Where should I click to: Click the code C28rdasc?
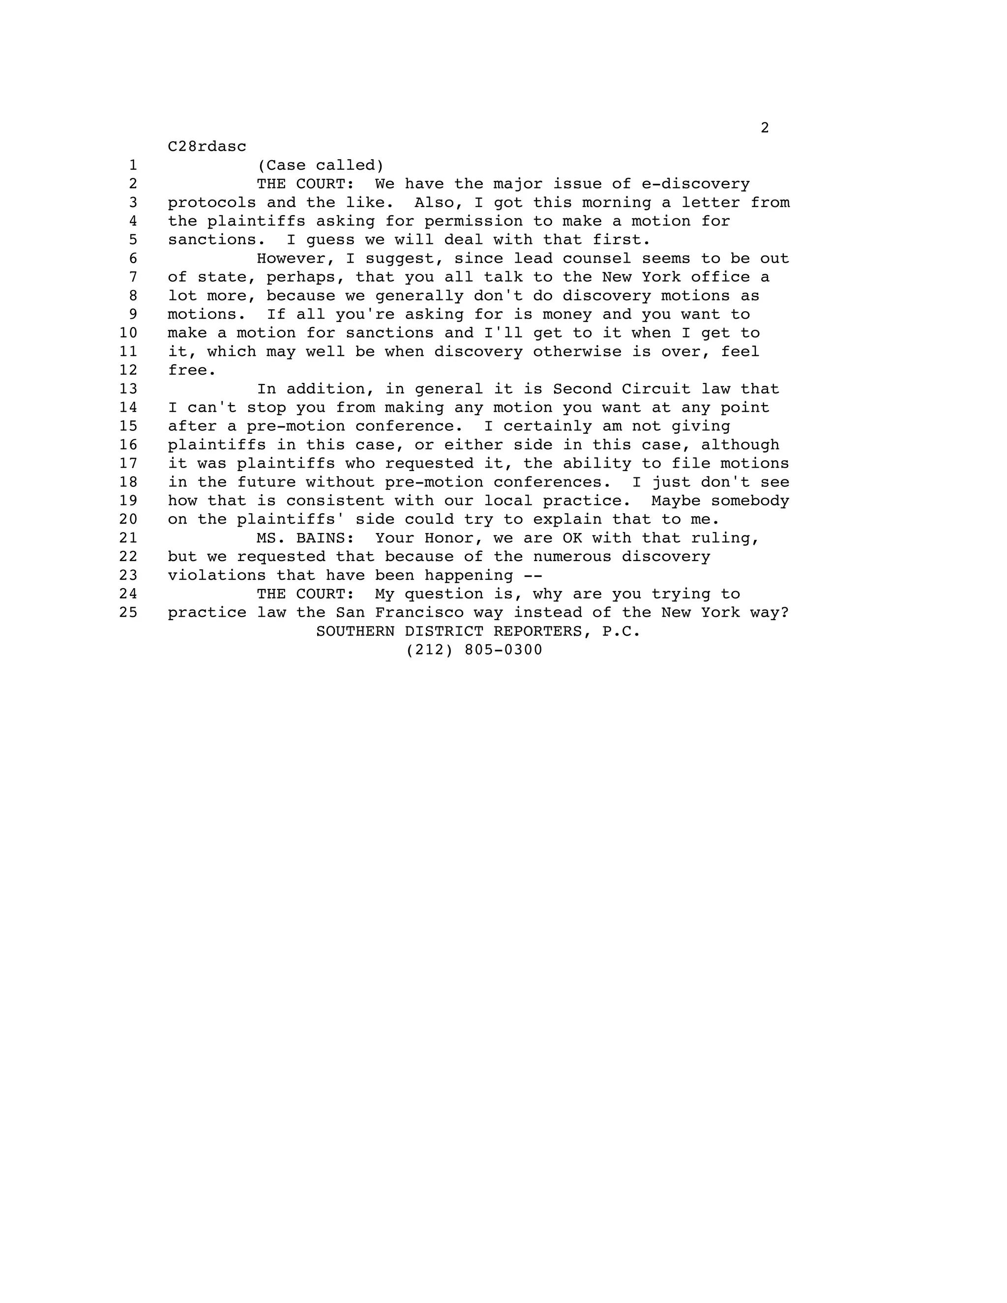pyautogui.click(x=207, y=147)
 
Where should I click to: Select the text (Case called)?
pyautogui.click(x=321, y=165)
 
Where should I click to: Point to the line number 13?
pyautogui.click(x=128, y=389)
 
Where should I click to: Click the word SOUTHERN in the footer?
pyautogui.click(x=355, y=631)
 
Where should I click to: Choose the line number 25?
pyautogui.click(x=128, y=613)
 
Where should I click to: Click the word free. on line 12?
pyautogui.click(x=191, y=371)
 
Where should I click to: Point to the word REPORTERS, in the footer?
pyautogui.click(x=542, y=631)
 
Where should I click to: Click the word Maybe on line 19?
pyautogui.click(x=675, y=501)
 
